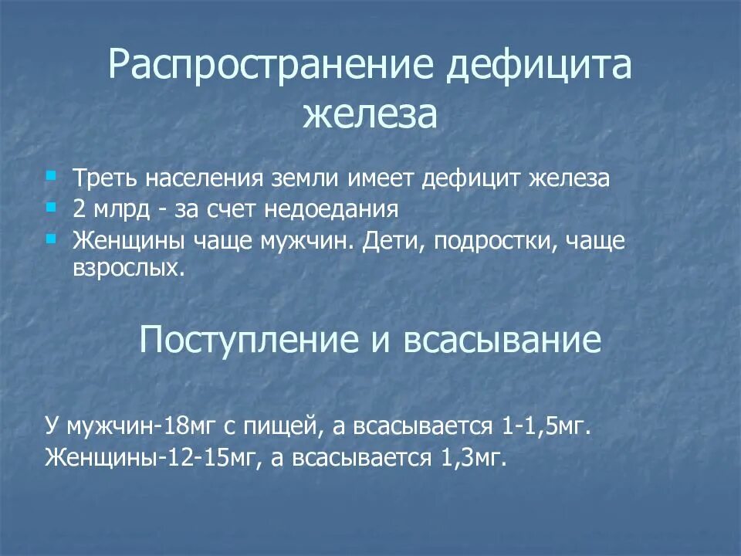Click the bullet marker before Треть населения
51,176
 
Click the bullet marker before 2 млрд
51,208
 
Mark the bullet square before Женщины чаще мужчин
51,239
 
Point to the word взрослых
129,270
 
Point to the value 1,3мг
473,458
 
